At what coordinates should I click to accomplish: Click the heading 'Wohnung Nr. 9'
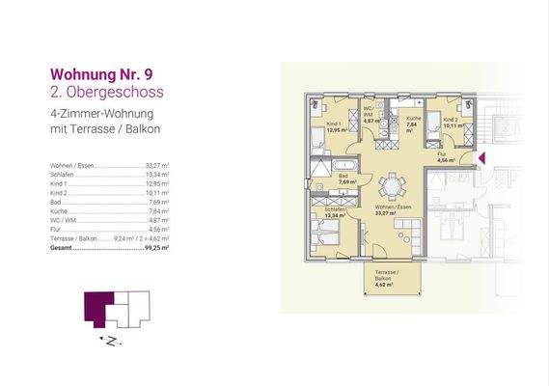click(101, 73)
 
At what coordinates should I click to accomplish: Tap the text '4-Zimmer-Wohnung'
click(94, 114)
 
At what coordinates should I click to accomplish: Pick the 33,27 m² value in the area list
click(156, 165)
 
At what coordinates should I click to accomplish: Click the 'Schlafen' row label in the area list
click(61, 174)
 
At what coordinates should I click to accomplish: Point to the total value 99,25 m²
click(155, 247)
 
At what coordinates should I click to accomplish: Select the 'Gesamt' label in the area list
click(62, 247)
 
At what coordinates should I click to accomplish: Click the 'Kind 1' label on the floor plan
click(333, 126)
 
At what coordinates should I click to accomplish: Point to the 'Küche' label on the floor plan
click(413, 120)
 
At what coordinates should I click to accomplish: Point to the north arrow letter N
click(112, 340)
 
